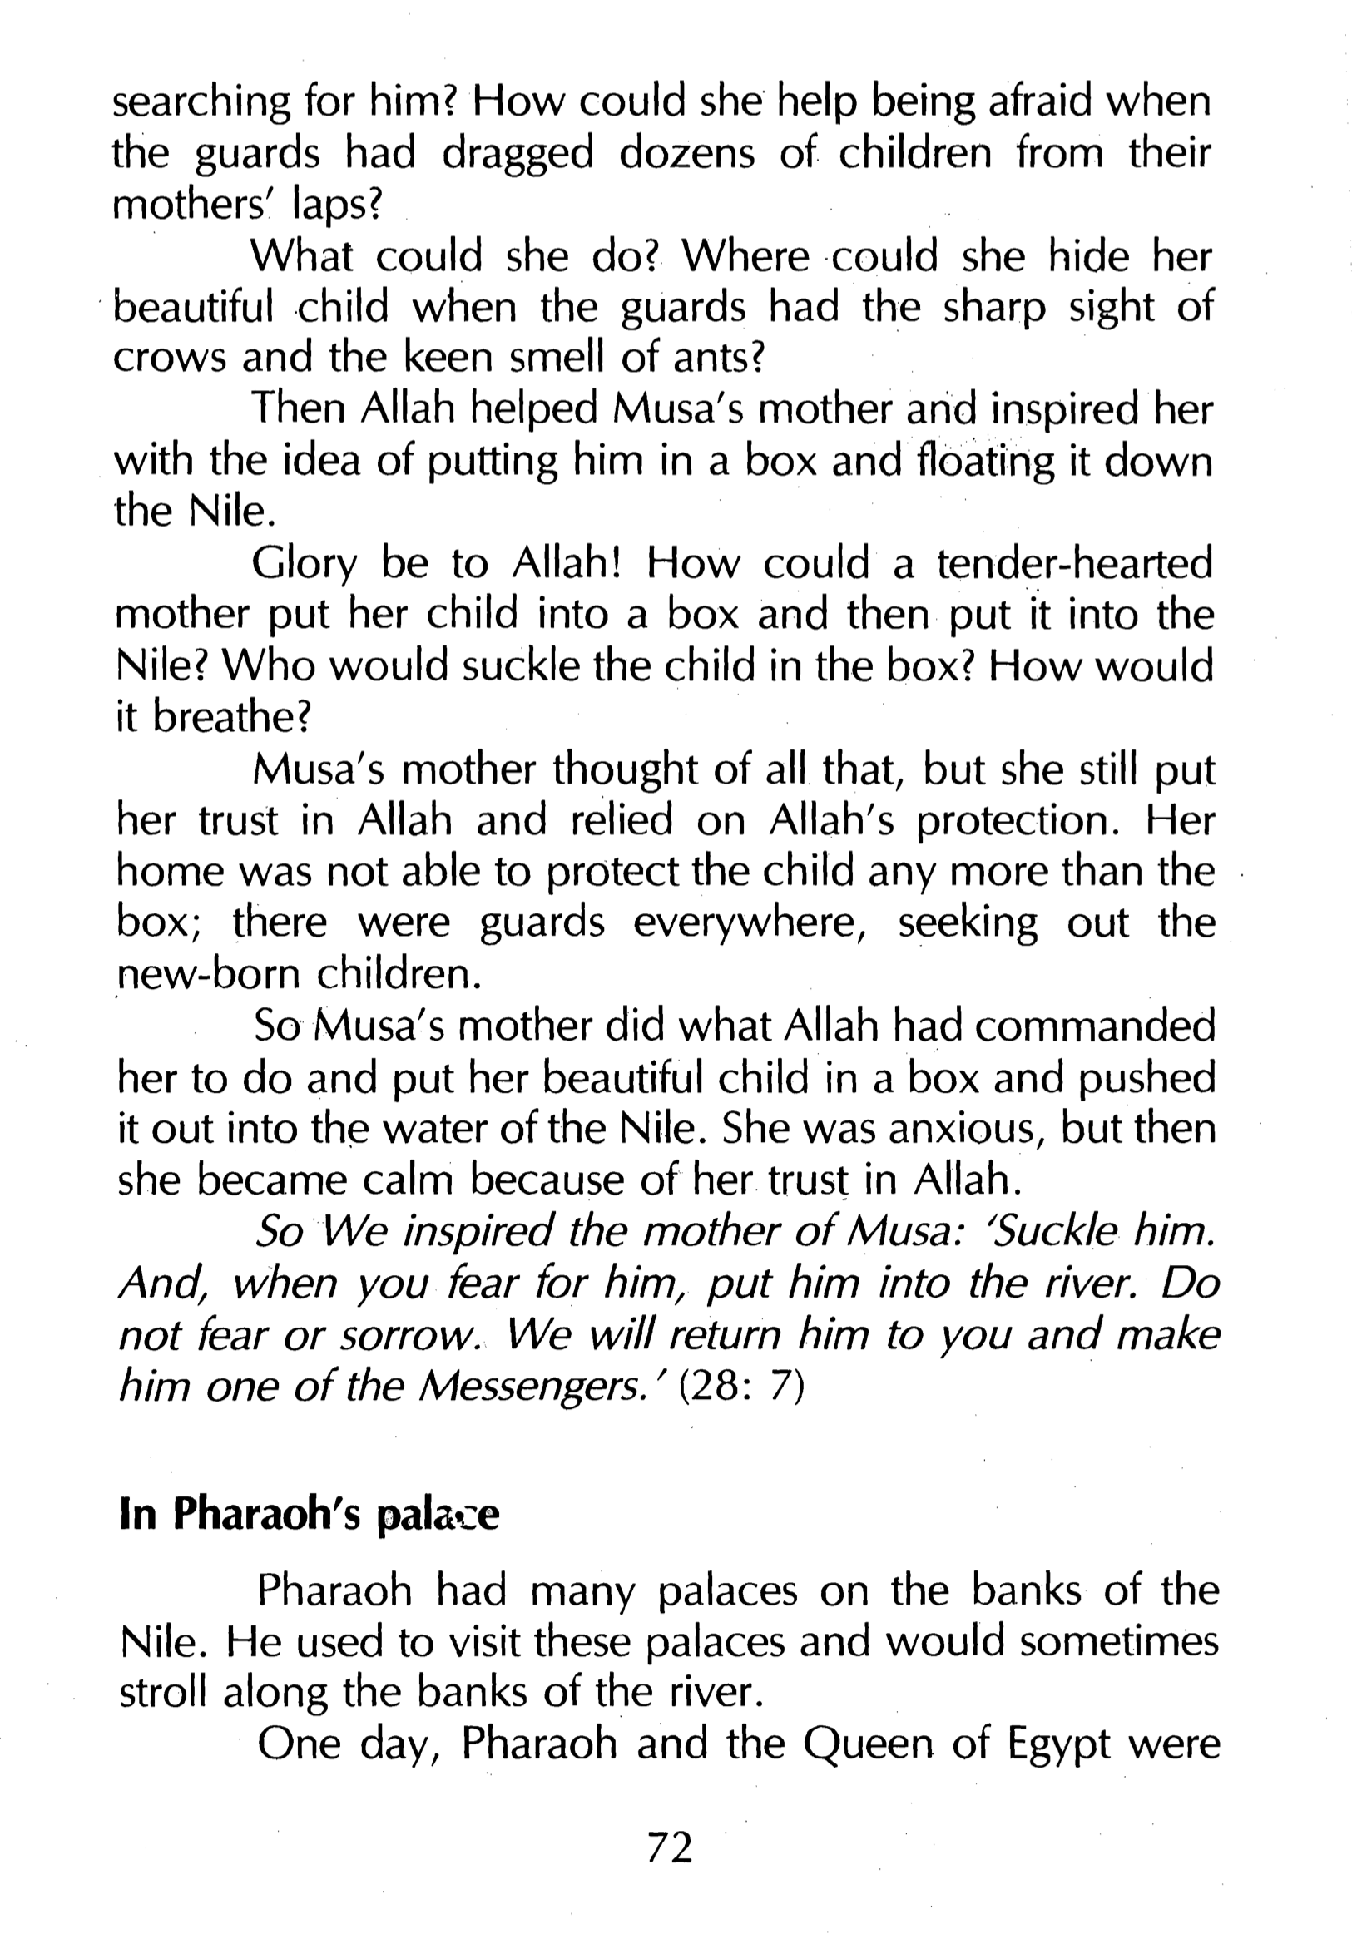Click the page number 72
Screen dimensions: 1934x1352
point(670,1847)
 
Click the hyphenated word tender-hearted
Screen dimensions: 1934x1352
point(1074,563)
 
